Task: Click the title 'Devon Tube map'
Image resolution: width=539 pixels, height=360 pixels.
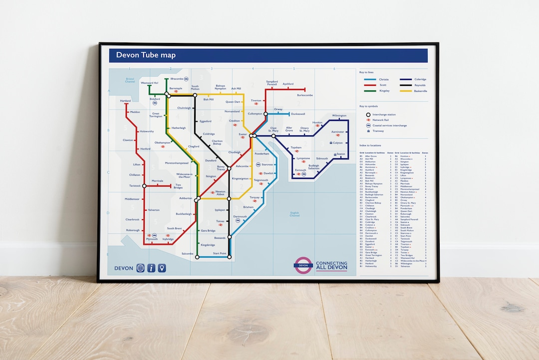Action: pos(146,55)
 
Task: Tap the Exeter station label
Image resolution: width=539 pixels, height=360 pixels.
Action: pos(243,134)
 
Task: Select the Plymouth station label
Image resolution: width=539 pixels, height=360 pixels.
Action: pos(151,239)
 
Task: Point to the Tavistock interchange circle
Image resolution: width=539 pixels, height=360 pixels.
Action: pos(144,186)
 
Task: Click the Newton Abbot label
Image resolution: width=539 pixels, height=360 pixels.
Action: pos(220,193)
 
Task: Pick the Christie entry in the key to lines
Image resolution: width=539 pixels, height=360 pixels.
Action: pos(383,79)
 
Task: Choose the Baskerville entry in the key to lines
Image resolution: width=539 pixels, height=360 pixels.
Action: pos(420,91)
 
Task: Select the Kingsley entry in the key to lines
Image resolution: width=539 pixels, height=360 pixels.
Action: pos(383,91)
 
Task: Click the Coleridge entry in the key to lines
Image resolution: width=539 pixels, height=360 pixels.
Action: pos(420,79)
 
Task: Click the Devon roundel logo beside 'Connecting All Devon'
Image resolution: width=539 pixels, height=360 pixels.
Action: pos(303,265)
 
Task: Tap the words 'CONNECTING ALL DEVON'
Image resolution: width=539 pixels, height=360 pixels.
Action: pos(331,265)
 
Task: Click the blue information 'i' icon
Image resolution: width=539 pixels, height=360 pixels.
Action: pos(151,268)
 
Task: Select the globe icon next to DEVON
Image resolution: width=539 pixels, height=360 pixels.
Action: pos(140,268)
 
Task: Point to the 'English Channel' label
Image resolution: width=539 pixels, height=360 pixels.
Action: pos(294,214)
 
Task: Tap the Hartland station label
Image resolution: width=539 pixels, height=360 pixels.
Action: pos(125,101)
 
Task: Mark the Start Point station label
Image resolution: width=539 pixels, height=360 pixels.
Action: pos(220,254)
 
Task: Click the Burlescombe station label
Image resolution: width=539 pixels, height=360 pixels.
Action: pos(304,95)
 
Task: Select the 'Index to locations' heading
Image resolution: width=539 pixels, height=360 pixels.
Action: pos(373,145)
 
